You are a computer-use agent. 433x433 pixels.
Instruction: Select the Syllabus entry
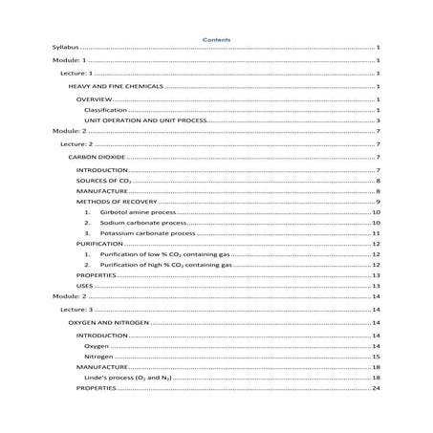tap(66, 47)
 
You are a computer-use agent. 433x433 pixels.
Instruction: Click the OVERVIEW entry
tap(96, 99)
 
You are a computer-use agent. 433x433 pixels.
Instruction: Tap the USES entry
tap(85, 286)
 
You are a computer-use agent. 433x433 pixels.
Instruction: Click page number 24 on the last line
tap(377, 389)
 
